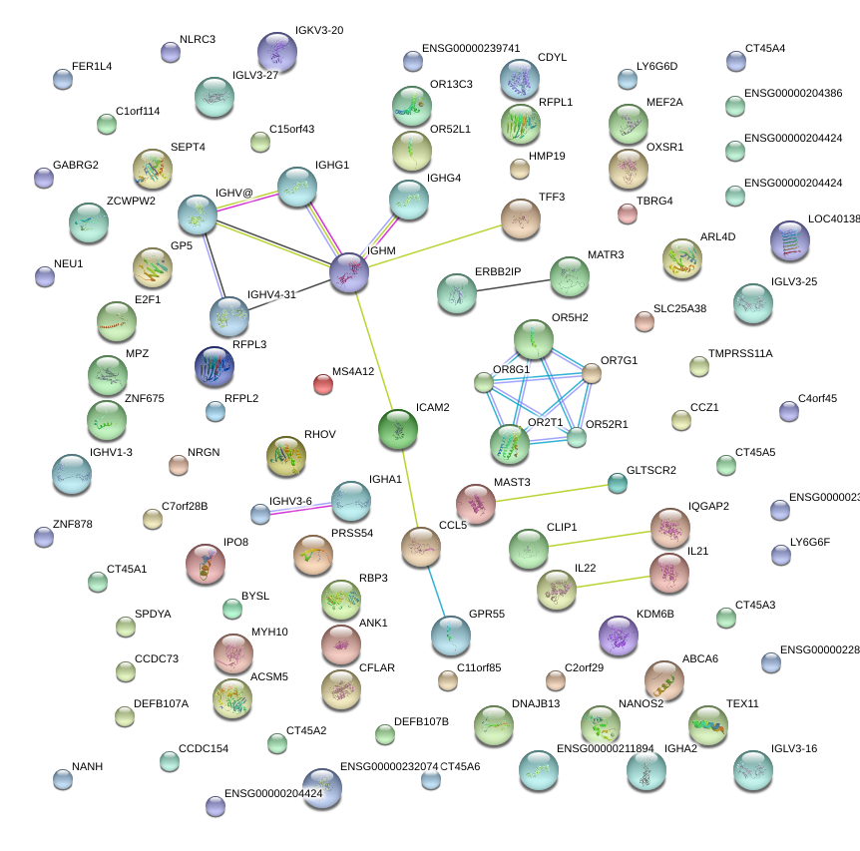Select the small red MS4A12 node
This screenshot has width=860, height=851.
tap(322, 383)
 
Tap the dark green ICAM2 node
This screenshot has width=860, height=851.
tap(399, 429)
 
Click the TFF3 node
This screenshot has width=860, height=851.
tap(520, 218)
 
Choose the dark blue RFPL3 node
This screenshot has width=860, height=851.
tap(215, 367)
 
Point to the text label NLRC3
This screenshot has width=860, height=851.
tap(198, 40)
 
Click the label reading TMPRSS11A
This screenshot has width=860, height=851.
tap(740, 354)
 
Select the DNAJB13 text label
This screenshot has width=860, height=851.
tap(536, 703)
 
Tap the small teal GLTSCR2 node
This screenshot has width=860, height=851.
tap(618, 484)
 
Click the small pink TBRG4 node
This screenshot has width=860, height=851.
tap(628, 213)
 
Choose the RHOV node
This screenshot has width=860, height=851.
tap(286, 455)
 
